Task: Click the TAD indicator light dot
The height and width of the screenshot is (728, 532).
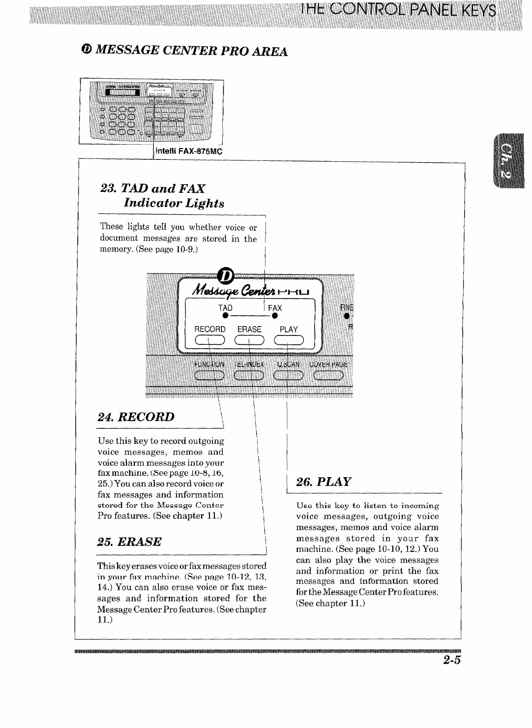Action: tap(225, 315)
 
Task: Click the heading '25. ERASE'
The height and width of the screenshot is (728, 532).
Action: tap(129, 542)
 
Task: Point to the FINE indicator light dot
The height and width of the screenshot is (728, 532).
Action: tap(347, 315)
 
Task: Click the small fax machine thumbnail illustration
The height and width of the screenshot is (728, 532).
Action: tap(151, 111)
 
